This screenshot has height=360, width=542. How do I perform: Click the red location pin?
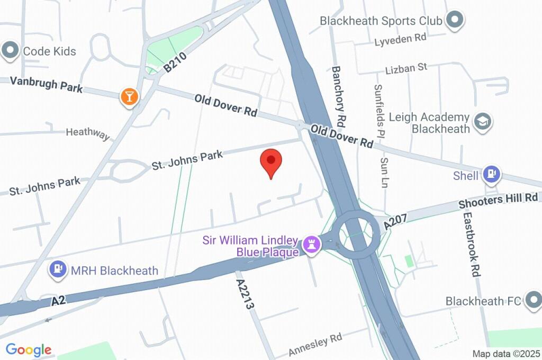pyautogui.click(x=272, y=161)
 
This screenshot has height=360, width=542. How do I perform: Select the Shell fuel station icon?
pyautogui.click(x=492, y=174)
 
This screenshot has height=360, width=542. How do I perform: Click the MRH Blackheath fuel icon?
pyautogui.click(x=58, y=270)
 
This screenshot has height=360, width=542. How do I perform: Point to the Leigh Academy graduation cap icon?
pyautogui.click(x=483, y=122)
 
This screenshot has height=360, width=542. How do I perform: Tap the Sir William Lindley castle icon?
pyautogui.click(x=311, y=245)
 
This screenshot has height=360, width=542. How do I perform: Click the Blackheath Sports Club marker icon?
pyautogui.click(x=454, y=21)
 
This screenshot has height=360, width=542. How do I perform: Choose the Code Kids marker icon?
pyautogui.click(x=10, y=51)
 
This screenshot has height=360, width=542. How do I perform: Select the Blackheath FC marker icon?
pyautogui.click(x=532, y=301)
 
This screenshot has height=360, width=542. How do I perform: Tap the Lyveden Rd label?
pyautogui.click(x=400, y=38)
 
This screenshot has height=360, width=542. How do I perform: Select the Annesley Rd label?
pyautogui.click(x=315, y=345)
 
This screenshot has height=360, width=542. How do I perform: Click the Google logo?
pyautogui.click(x=29, y=349)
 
